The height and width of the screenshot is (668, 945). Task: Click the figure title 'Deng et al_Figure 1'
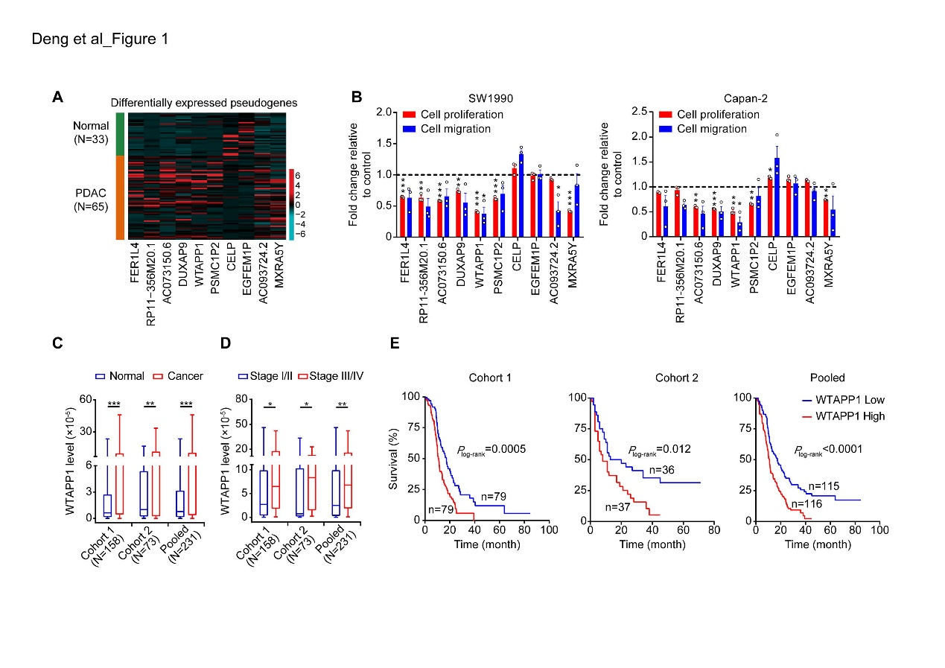100,39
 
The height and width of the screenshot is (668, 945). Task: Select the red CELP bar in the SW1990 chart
513,203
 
